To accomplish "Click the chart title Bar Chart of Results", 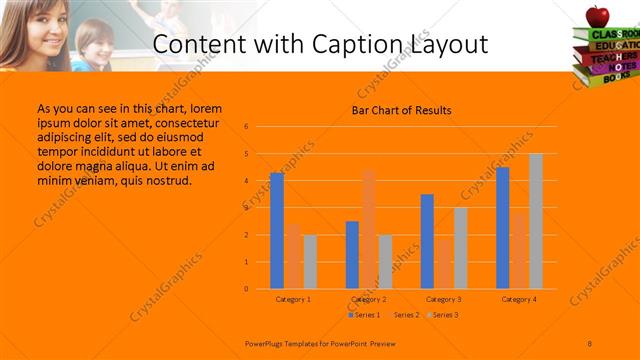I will click(x=401, y=110).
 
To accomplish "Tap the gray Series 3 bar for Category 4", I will click(x=535, y=221).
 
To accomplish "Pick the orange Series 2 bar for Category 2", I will click(x=368, y=229).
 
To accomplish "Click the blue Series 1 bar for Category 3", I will click(x=427, y=241).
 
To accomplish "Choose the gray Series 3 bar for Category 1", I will click(x=310, y=261).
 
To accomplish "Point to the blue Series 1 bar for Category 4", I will click(x=502, y=228).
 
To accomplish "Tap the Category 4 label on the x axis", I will click(x=518, y=300).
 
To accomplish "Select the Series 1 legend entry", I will click(x=365, y=315).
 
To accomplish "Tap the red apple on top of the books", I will click(x=598, y=15).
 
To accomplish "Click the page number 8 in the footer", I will click(x=590, y=342).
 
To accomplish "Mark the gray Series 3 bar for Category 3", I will click(x=460, y=248).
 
